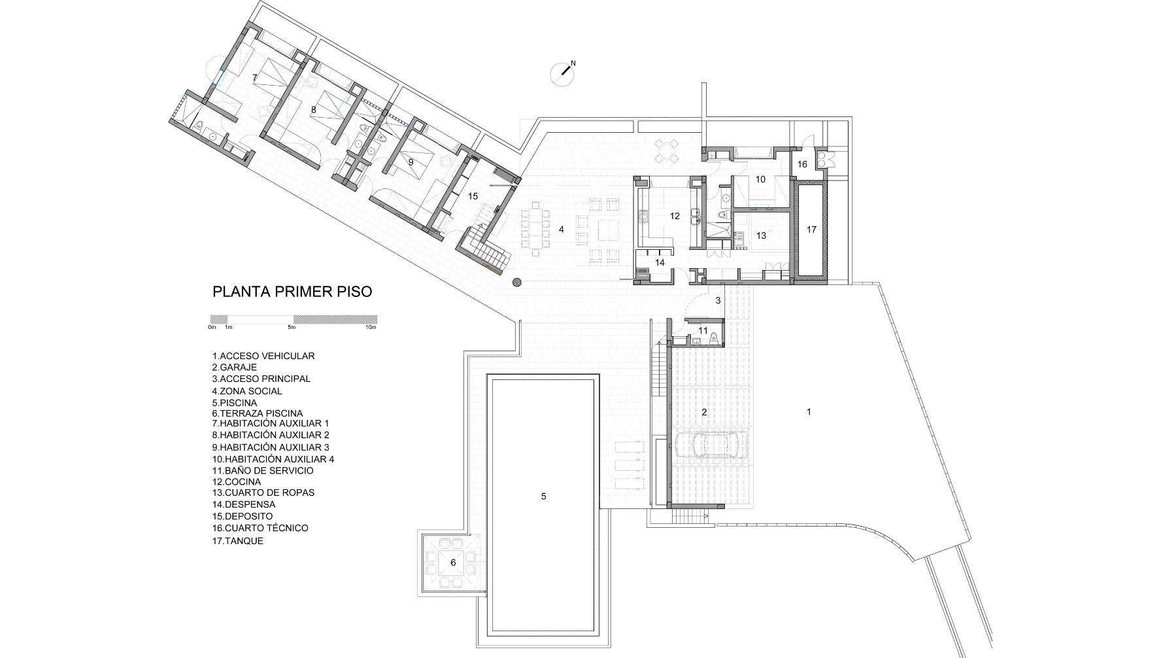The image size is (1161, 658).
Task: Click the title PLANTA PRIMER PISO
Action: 292,292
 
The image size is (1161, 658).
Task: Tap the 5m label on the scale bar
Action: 290,327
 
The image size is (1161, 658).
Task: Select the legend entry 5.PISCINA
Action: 235,403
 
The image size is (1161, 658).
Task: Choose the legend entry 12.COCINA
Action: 236,481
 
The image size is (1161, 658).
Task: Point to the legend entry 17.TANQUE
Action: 237,541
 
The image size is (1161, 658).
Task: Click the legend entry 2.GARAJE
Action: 235,368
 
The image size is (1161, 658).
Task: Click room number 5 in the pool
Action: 544,496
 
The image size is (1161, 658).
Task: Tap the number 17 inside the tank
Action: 811,230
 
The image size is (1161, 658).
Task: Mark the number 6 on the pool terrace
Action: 453,563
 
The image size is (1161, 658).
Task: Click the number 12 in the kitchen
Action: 675,216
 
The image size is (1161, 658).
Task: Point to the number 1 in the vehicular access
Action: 809,411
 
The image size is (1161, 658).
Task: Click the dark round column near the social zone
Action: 517,283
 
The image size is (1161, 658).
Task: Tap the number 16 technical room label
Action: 802,164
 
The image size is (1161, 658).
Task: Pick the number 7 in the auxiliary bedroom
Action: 254,78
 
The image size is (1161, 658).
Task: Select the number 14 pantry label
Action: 660,262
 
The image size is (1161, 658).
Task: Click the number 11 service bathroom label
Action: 703,330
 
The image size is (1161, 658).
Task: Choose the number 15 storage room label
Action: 473,196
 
